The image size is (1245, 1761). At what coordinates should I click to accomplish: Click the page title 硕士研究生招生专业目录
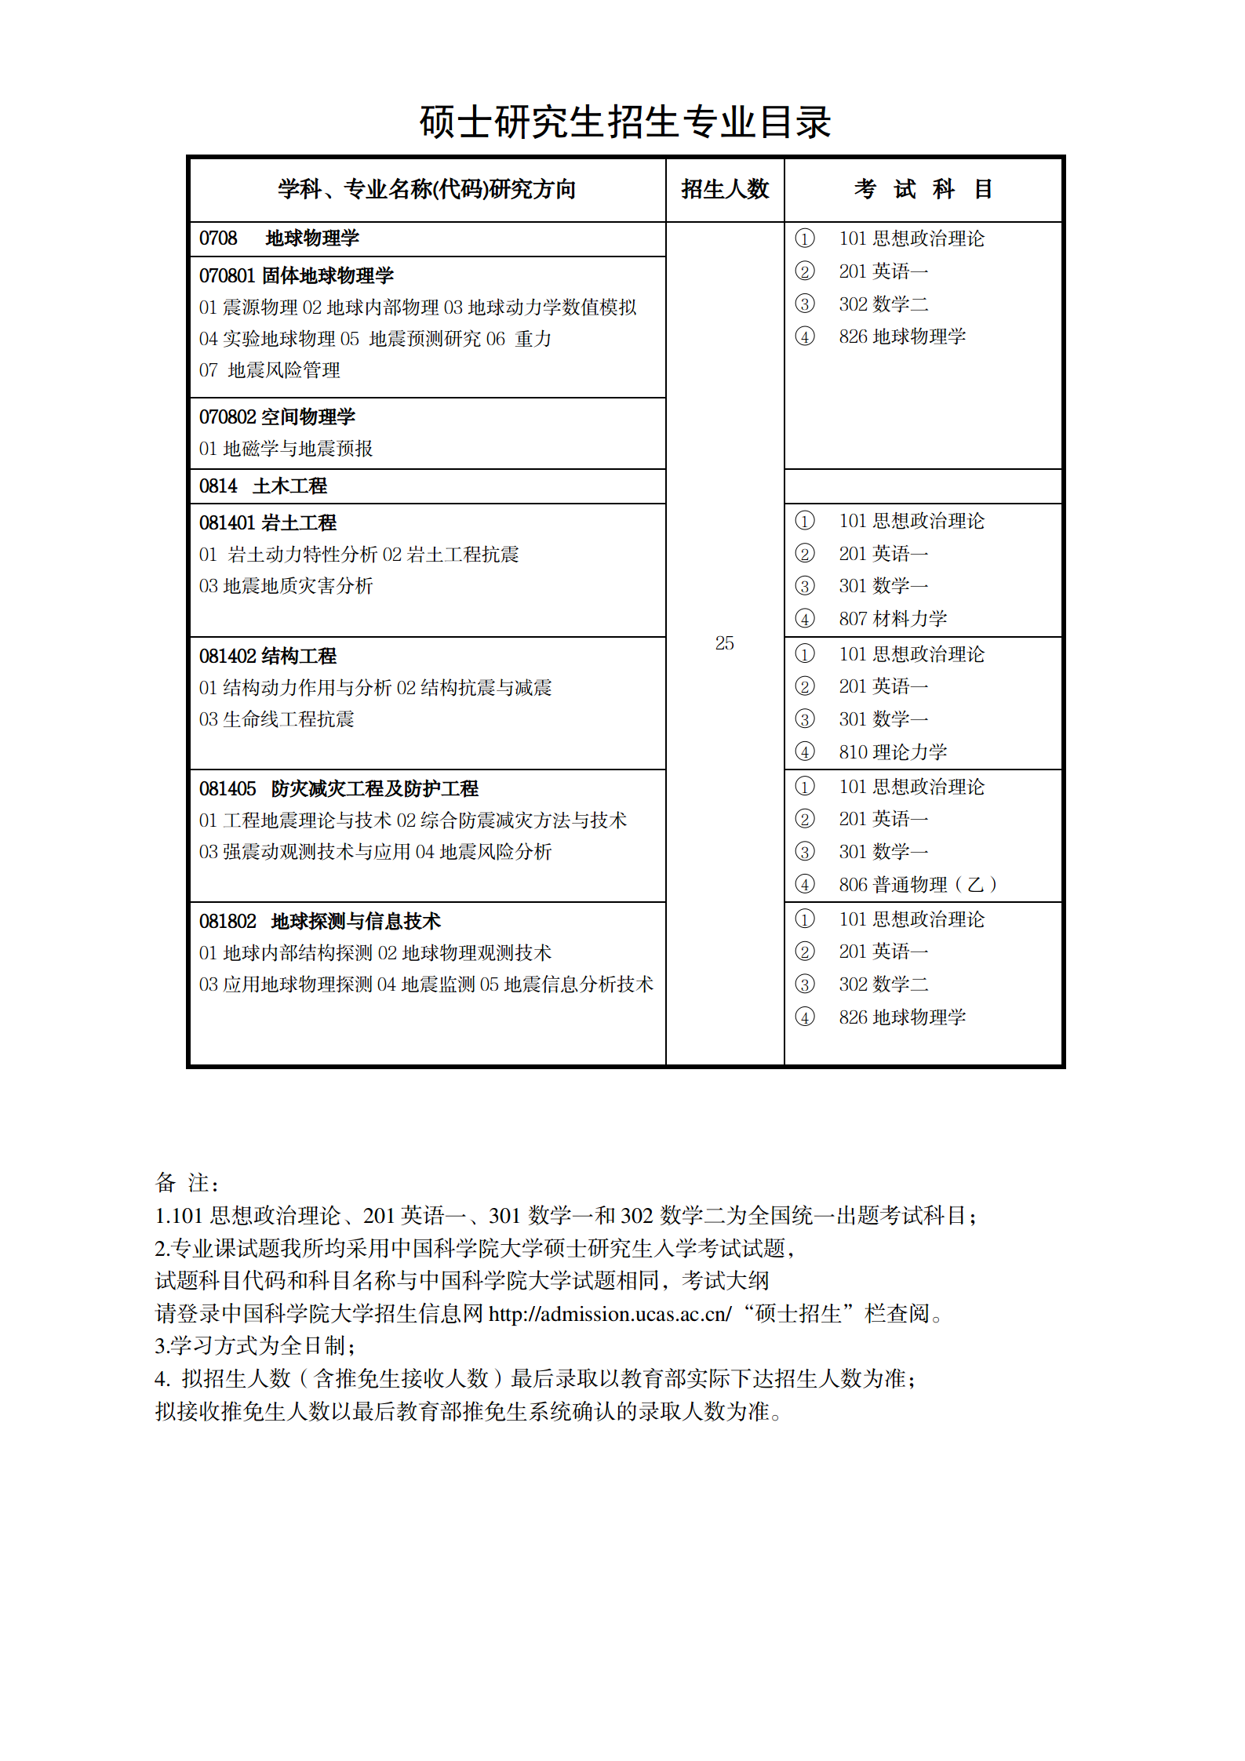coord(624,122)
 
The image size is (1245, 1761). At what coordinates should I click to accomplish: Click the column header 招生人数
coord(725,189)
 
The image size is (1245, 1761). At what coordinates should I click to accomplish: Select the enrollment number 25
coord(724,643)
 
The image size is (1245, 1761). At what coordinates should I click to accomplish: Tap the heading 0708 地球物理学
coord(278,238)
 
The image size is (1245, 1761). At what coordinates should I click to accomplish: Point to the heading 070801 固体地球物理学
coord(296,276)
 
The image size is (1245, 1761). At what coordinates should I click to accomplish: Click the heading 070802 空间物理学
coord(277,417)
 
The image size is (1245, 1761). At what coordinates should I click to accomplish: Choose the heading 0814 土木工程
coord(263,486)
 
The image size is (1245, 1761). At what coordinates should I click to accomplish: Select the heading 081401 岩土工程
coord(268,523)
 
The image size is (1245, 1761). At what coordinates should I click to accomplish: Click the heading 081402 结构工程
coord(268,657)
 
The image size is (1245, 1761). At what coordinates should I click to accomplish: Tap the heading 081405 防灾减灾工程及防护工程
coord(338,789)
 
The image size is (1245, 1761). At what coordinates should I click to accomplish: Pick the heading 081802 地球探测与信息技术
coord(319,922)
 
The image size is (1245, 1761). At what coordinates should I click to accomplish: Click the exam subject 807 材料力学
coord(893,619)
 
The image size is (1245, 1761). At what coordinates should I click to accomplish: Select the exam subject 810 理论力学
coord(893,752)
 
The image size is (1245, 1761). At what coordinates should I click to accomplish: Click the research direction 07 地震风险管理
coord(269,370)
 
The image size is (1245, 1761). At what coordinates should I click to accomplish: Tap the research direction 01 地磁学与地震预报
coord(286,449)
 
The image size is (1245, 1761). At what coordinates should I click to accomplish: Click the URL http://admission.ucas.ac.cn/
coord(610,1314)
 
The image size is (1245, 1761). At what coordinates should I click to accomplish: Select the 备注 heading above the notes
coord(187,1183)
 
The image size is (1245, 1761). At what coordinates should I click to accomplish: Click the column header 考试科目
coord(923,189)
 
